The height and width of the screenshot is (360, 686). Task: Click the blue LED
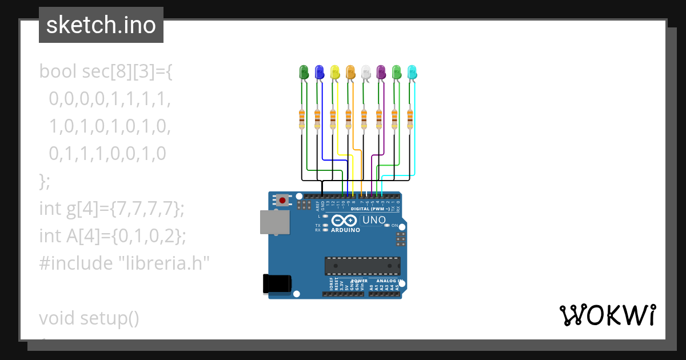[x=320, y=72]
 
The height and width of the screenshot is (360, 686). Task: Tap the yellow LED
[x=335, y=72]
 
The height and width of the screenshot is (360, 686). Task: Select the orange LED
[x=350, y=72]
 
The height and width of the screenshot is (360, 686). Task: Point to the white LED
[x=366, y=72]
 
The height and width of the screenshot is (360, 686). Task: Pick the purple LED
[x=381, y=72]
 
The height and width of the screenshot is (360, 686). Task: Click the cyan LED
[x=412, y=72]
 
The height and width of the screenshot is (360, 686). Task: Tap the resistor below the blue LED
[x=317, y=120]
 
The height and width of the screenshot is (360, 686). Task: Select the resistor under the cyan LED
[x=410, y=120]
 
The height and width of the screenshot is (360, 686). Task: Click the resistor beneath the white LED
[x=364, y=120]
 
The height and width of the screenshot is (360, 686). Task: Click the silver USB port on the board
[x=270, y=222]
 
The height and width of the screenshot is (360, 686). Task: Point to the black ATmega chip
[x=362, y=266]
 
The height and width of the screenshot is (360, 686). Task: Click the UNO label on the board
[x=374, y=220]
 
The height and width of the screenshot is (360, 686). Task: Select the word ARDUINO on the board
[x=345, y=230]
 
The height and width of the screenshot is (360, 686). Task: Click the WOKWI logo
[x=607, y=315]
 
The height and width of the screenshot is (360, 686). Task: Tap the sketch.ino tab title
[x=101, y=25]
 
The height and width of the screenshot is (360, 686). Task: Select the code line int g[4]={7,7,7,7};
[x=112, y=209]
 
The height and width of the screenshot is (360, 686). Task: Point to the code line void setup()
[x=89, y=318]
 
